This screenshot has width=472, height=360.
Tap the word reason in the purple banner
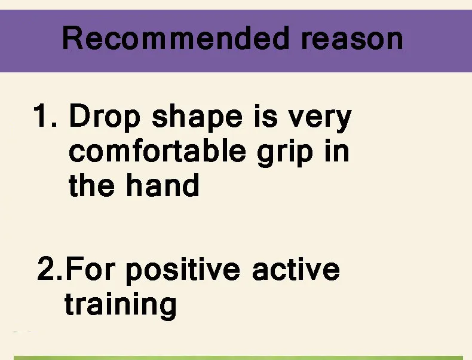(351, 39)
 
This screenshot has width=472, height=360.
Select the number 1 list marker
(45, 115)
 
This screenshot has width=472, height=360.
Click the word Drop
(105, 117)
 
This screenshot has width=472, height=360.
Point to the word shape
(197, 117)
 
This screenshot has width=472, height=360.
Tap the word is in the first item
(266, 115)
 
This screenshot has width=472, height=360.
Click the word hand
(163, 184)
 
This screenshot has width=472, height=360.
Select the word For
(90, 269)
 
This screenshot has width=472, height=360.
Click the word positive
(183, 270)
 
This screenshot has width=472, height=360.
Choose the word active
(296, 269)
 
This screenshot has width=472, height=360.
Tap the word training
(121, 305)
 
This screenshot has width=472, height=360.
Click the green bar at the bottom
(238, 358)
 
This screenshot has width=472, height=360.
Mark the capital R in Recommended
(72, 38)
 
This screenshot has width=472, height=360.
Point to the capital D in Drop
(80, 115)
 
